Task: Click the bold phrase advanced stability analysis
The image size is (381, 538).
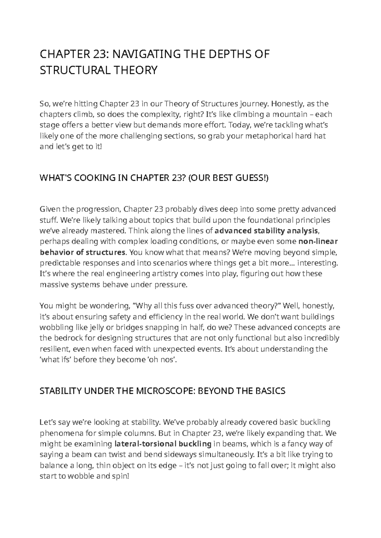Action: (266, 231)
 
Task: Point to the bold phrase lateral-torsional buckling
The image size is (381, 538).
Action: (163, 444)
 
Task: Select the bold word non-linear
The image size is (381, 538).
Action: (318, 241)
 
